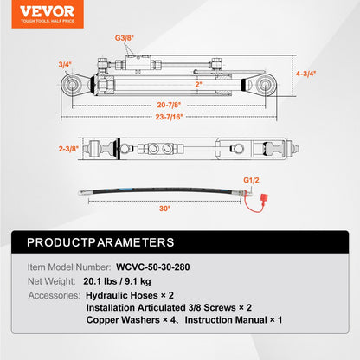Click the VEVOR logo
37,10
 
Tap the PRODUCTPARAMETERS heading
100,243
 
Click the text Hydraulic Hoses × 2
133,294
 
